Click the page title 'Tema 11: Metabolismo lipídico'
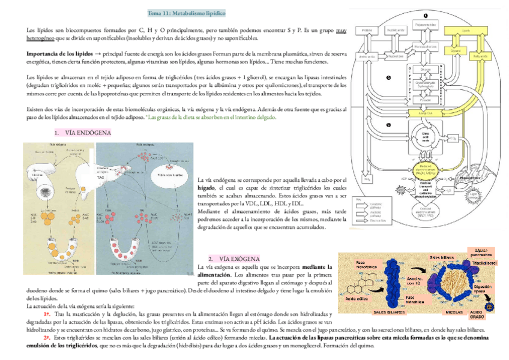coord(187,13)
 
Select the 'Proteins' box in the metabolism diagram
coord(368,30)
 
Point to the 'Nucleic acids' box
coord(394,29)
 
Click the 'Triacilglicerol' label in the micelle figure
coord(484,264)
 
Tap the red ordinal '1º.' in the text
coord(46,314)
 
